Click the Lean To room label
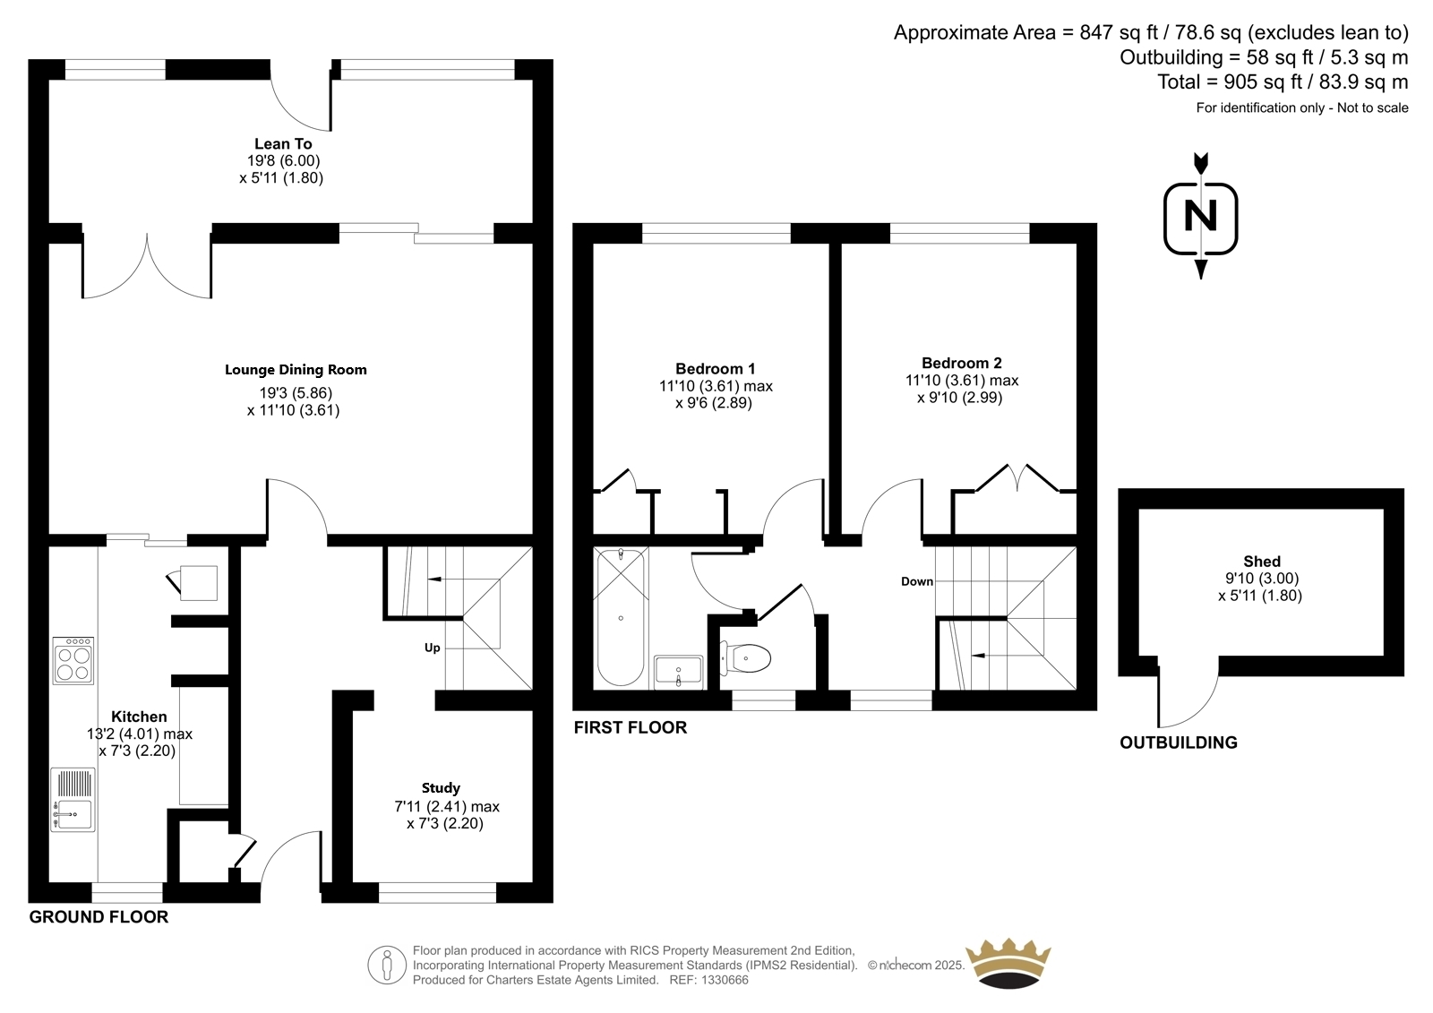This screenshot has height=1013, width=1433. click(x=283, y=143)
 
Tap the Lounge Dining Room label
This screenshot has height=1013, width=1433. click(x=296, y=369)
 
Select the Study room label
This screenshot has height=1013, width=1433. click(x=441, y=788)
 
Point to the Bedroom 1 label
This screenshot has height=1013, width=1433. click(x=716, y=369)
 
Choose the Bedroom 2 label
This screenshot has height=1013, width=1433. click(x=962, y=363)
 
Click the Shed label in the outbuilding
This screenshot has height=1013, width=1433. click(x=1262, y=562)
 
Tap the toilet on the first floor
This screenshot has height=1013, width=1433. click(x=745, y=658)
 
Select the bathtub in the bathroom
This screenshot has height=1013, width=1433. click(x=621, y=617)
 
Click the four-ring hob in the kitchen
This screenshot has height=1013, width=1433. click(x=73, y=660)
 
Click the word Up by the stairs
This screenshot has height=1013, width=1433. click(x=433, y=648)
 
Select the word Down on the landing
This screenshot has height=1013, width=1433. click(x=917, y=581)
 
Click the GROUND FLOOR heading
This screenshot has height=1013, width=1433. click(x=99, y=917)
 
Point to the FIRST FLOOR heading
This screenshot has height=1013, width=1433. click(x=631, y=727)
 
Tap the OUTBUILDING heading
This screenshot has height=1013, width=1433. click(x=1179, y=743)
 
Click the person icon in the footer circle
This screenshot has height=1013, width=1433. click(x=386, y=966)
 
